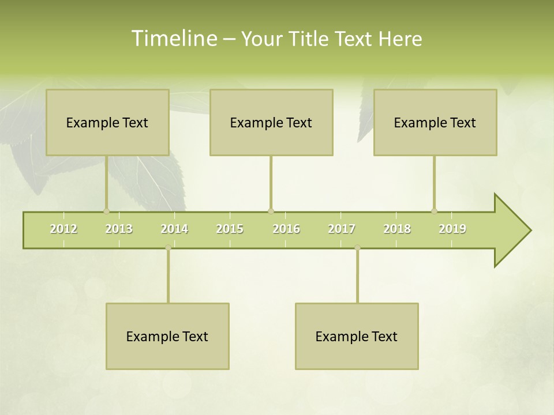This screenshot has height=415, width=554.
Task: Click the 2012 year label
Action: click(63, 229)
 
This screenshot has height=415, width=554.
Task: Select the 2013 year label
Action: click(119, 229)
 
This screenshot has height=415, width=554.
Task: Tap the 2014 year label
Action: click(174, 229)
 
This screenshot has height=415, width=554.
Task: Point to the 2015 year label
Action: click(230, 229)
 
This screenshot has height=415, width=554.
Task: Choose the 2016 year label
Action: click(286, 229)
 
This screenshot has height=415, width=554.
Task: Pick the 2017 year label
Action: click(342, 229)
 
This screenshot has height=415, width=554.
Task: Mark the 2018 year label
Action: click(397, 229)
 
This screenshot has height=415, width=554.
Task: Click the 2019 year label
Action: click(452, 229)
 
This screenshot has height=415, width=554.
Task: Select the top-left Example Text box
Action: click(107, 122)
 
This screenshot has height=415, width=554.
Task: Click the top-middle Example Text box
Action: click(271, 122)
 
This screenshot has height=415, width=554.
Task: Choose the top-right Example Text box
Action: click(435, 122)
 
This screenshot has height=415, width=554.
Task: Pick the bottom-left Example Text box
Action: click(167, 336)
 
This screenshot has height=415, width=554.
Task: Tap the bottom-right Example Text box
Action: click(357, 336)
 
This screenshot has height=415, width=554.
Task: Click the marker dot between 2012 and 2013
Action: click(106, 211)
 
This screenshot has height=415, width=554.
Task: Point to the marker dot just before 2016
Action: click(271, 211)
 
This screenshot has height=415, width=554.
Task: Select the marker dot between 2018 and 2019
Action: click(434, 211)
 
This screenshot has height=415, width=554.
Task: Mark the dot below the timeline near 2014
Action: click(168, 247)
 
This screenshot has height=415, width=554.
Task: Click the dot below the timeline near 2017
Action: click(357, 247)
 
